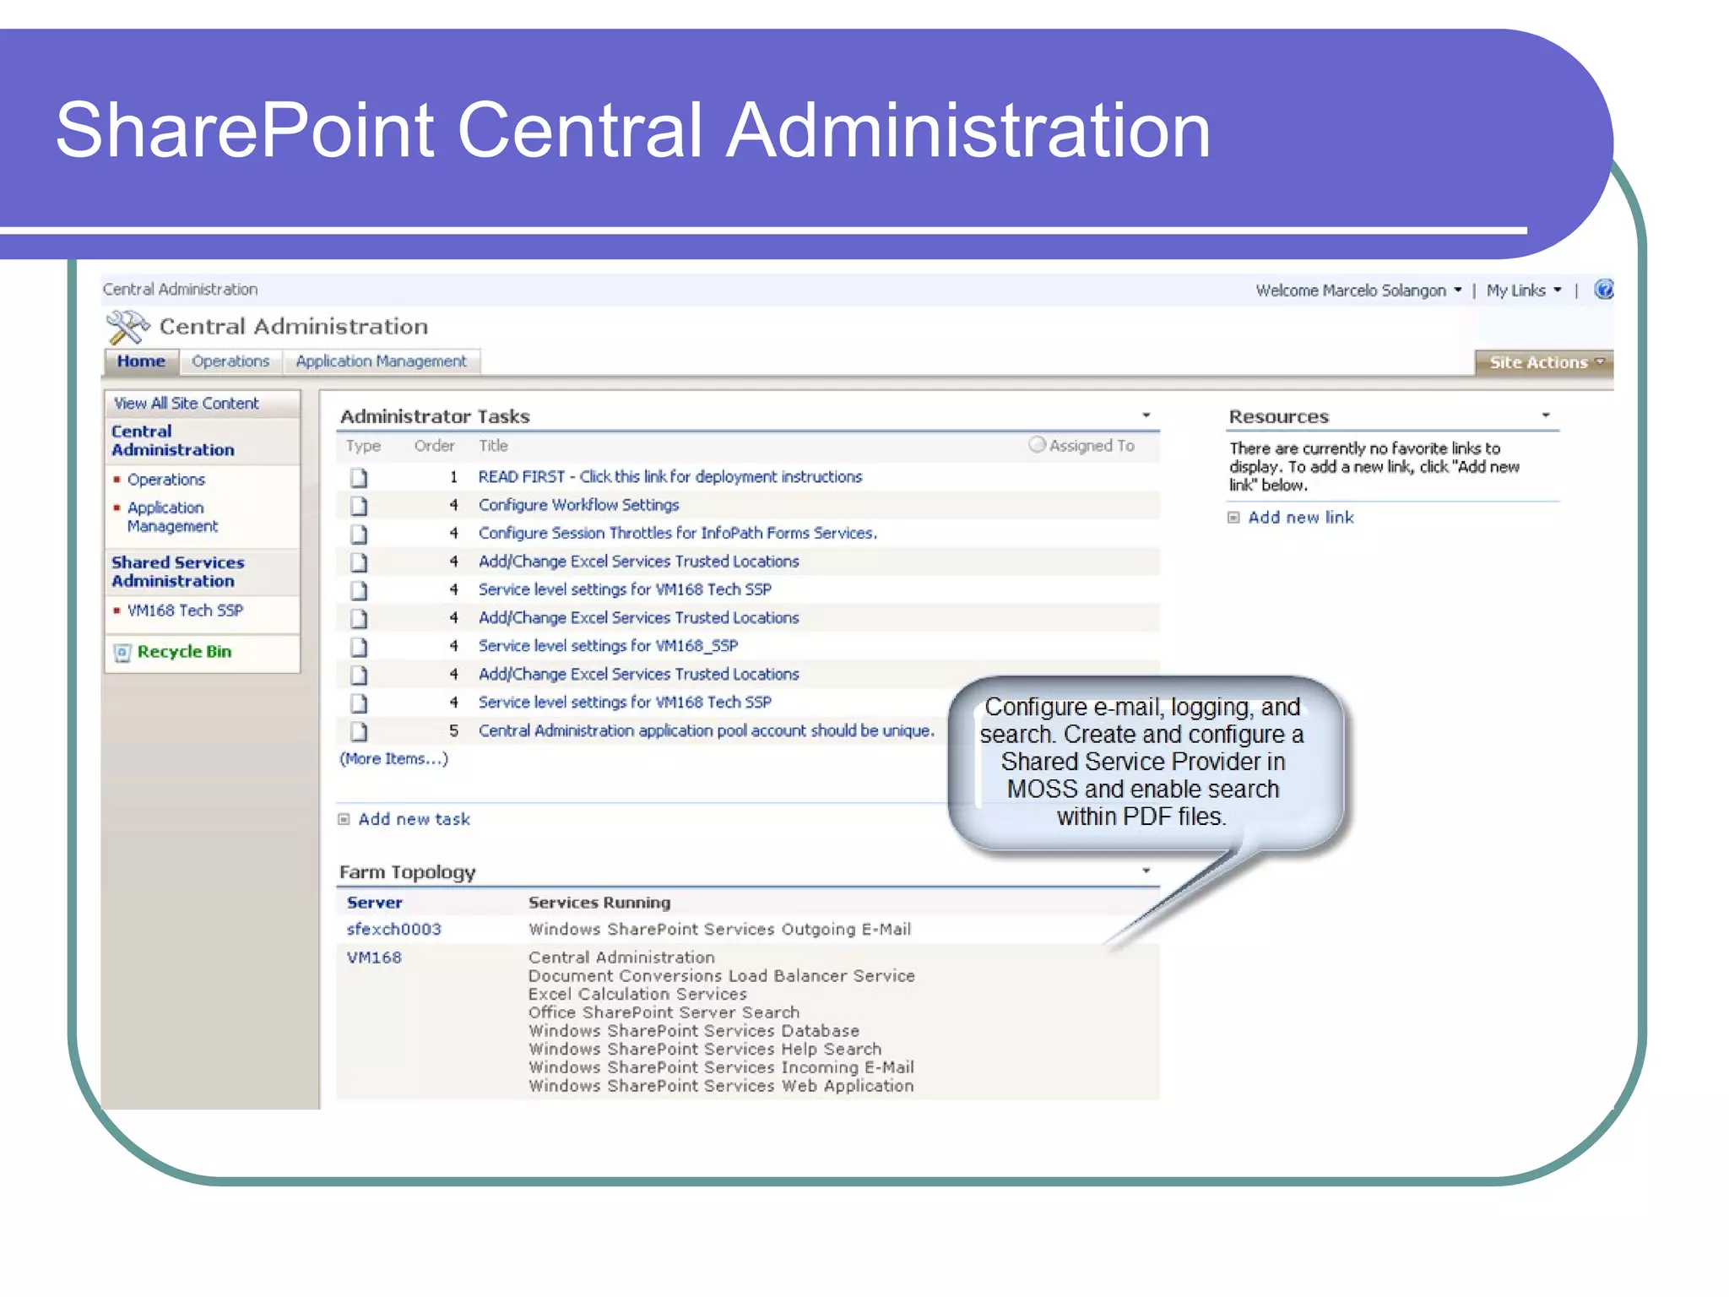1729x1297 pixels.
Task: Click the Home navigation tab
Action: click(x=141, y=361)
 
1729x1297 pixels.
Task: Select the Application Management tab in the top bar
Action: click(x=381, y=361)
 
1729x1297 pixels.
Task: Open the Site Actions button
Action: click(x=1544, y=362)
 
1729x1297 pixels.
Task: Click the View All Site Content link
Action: click(x=187, y=404)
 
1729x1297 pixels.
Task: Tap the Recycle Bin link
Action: click(x=184, y=652)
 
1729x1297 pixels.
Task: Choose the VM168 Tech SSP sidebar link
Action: click(x=185, y=611)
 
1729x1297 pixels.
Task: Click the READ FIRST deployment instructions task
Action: click(x=669, y=477)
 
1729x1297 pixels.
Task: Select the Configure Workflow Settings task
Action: click(x=578, y=505)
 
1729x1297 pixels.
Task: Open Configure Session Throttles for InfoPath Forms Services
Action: click(x=677, y=534)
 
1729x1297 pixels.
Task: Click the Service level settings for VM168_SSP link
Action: click(x=608, y=646)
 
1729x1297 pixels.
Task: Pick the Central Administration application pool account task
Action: click(x=706, y=731)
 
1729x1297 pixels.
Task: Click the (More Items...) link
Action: click(x=393, y=759)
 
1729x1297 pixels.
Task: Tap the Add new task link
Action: click(x=414, y=819)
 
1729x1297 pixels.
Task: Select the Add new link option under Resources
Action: click(x=1300, y=518)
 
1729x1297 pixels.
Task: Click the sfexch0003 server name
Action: click(x=393, y=930)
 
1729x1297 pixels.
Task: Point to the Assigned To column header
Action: click(x=1091, y=446)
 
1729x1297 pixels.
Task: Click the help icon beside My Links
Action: click(x=1603, y=290)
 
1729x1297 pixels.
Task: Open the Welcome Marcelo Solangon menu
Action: click(x=1358, y=290)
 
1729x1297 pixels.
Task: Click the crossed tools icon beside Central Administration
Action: click(x=127, y=328)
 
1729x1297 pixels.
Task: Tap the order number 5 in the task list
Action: click(x=453, y=731)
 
